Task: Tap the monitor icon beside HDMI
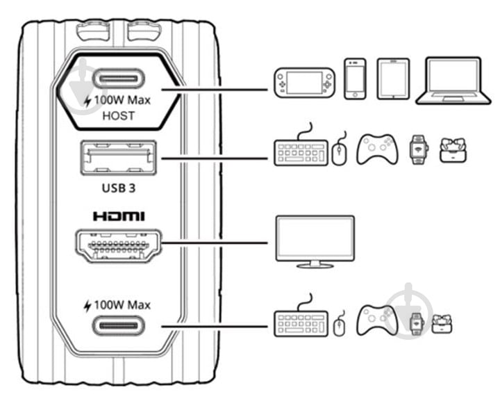tap(315, 241)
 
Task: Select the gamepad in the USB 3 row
tap(376, 149)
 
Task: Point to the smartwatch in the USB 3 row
tap(417, 149)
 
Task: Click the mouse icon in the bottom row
tap(339, 327)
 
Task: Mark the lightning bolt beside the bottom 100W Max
tap(87, 305)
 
